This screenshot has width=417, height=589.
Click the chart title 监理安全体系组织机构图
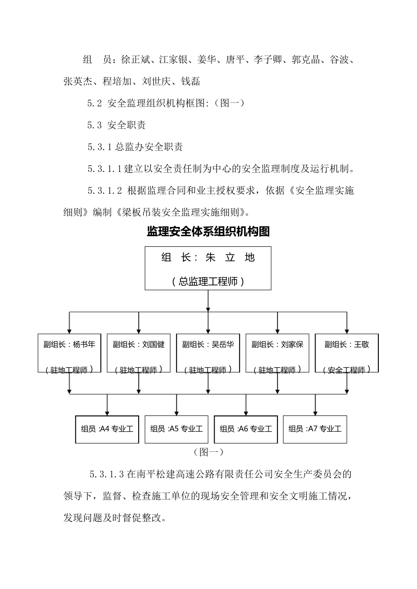tap(208, 231)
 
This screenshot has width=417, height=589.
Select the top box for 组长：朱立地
tap(208, 268)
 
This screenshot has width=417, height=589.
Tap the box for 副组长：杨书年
tap(69, 353)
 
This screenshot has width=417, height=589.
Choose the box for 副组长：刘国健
tap(139, 353)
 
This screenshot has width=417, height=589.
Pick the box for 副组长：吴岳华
tap(208, 353)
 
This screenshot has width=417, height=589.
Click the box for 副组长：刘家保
tap(277, 353)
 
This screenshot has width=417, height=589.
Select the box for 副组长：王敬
tap(347, 353)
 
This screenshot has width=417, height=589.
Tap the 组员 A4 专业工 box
tap(107, 429)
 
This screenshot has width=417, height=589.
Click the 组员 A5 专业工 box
tap(176, 429)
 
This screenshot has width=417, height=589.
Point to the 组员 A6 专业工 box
tap(246, 429)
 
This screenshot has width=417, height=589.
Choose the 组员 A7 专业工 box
tap(315, 429)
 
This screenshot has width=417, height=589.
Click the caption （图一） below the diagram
tap(208, 452)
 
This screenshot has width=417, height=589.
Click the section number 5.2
tap(95, 103)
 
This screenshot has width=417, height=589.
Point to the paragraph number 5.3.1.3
tap(107, 474)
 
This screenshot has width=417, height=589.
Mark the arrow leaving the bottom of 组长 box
tap(208, 302)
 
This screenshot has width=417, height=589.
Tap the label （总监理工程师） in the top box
tap(208, 281)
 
